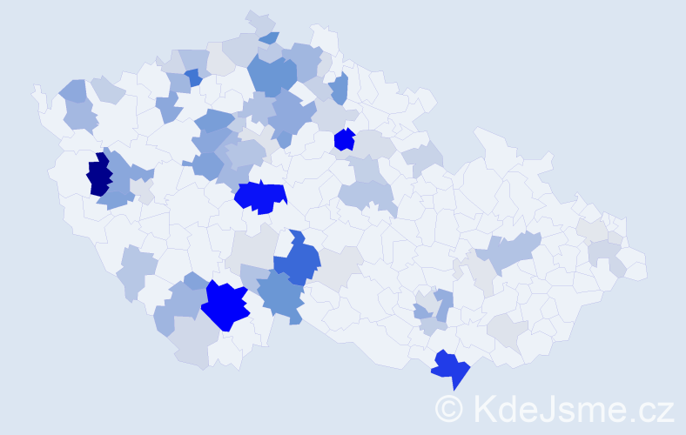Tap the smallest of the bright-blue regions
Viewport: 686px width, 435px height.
(345, 139)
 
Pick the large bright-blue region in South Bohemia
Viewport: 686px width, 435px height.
(225, 305)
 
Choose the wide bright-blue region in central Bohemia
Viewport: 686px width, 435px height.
(260, 197)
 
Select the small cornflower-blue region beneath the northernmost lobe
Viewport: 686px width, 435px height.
(269, 38)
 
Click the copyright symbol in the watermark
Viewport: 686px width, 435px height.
(451, 407)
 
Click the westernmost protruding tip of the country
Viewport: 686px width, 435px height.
(36, 90)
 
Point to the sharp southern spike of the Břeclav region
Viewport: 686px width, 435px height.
(454, 387)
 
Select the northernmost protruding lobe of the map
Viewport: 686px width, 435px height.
(259, 19)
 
